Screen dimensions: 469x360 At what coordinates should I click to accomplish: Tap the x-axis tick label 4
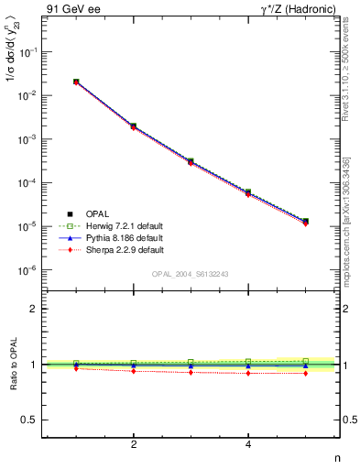coord(248,444)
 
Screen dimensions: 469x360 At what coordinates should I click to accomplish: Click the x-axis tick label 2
coord(134,444)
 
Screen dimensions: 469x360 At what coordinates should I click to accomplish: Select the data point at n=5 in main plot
coord(305,222)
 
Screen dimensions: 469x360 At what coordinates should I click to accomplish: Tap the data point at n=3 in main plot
coord(191,161)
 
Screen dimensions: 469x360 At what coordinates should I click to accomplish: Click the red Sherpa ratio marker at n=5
coord(305,373)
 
